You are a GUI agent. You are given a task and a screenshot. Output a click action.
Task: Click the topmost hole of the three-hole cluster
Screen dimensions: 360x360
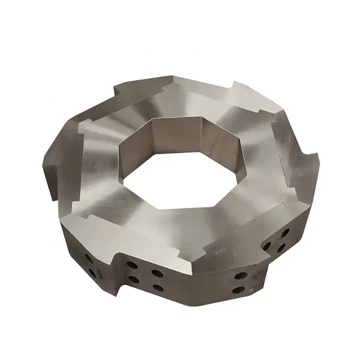284,232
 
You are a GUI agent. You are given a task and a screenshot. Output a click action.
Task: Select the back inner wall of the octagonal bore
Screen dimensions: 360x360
180,135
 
